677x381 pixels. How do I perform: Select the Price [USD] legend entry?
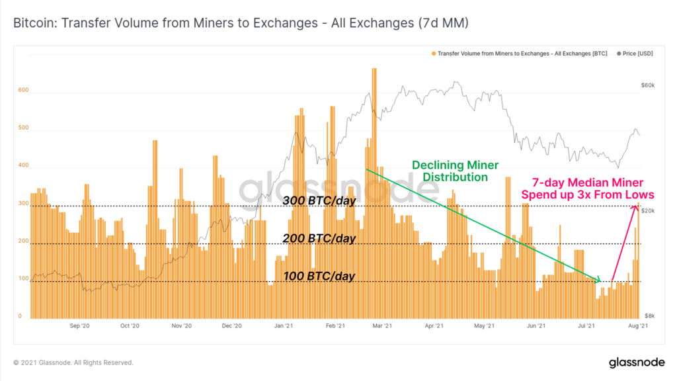[634, 54]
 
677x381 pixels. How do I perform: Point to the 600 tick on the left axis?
[22, 91]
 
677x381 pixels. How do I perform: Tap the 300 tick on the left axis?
[22, 204]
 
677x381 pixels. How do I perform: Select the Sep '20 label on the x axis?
[79, 326]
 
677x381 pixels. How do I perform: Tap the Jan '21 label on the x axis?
[284, 326]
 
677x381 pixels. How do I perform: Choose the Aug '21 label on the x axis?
[638, 326]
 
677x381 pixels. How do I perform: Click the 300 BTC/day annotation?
[319, 200]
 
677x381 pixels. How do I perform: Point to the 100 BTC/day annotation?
[319, 275]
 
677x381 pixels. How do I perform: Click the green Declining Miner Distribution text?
[455, 171]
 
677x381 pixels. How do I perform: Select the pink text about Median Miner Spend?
[587, 189]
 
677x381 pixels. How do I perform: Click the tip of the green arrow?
[600, 281]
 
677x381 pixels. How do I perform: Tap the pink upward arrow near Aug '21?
[625, 241]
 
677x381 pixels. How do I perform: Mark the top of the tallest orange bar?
[374, 69]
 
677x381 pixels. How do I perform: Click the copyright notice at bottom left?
[73, 362]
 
